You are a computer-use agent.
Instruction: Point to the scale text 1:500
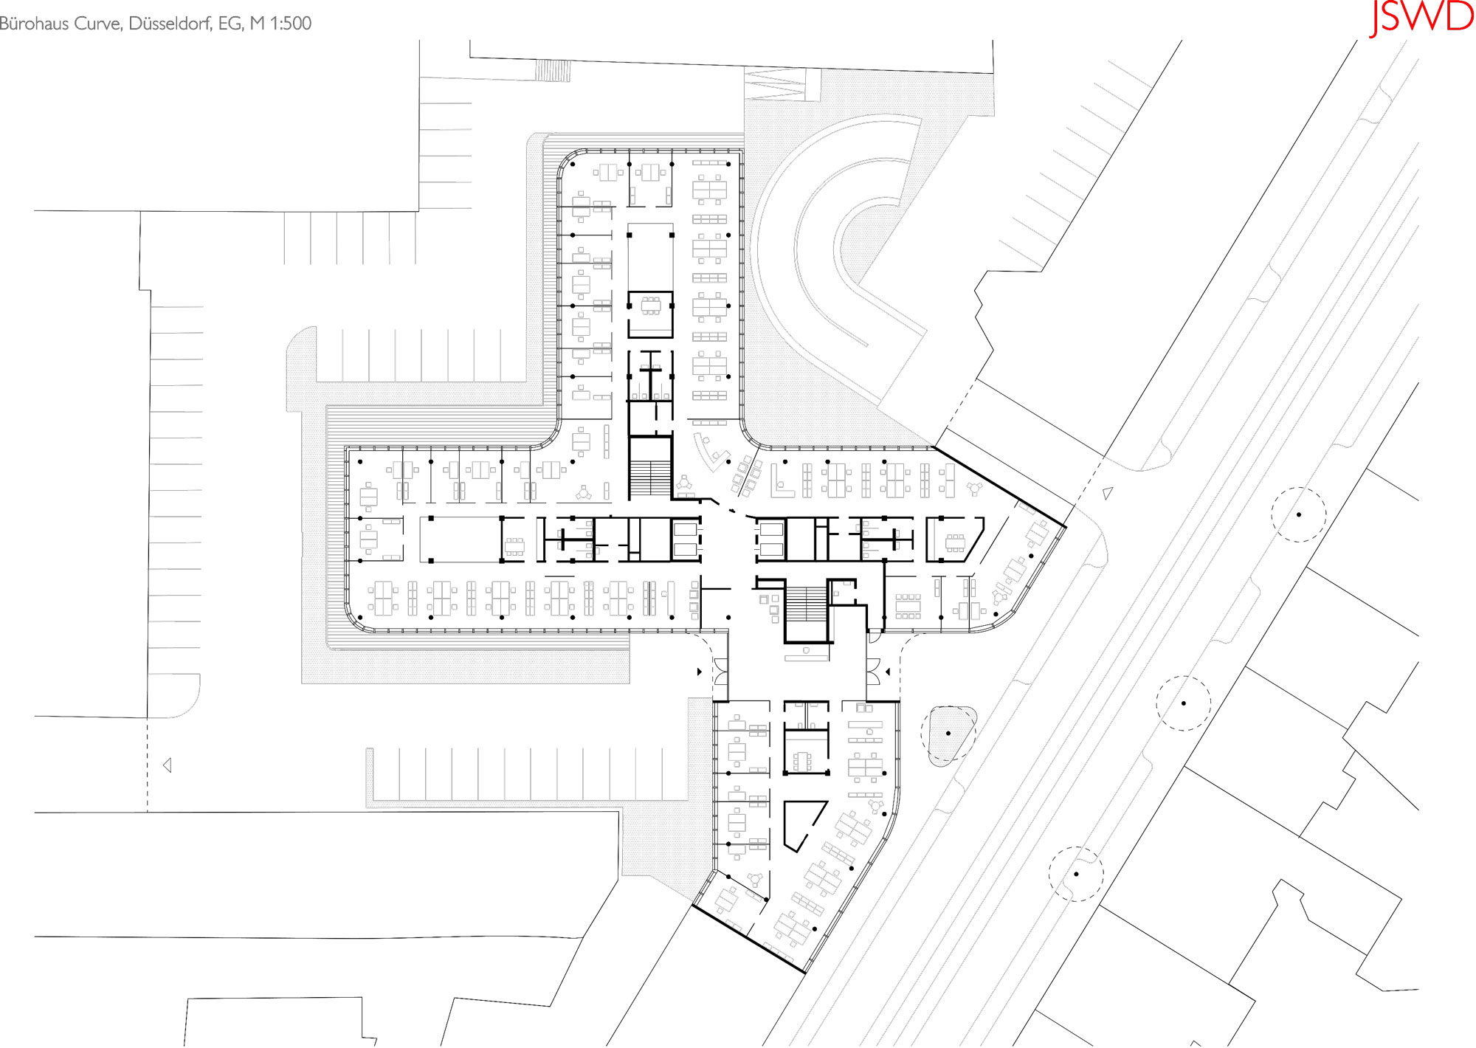pos(291,23)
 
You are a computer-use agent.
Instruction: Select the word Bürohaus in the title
pos(35,23)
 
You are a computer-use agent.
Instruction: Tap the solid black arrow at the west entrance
pos(700,672)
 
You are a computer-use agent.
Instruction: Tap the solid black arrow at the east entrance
pos(888,672)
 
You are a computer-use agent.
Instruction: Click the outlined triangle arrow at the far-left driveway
pos(168,765)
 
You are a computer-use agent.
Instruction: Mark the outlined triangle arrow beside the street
pos(1107,493)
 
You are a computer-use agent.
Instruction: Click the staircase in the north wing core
pos(650,478)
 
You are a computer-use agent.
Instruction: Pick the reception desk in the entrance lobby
pos(807,652)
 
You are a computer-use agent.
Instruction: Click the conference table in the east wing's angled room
pos(955,543)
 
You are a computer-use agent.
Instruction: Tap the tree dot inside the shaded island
pos(948,733)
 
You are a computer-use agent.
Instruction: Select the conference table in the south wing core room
pos(801,760)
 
